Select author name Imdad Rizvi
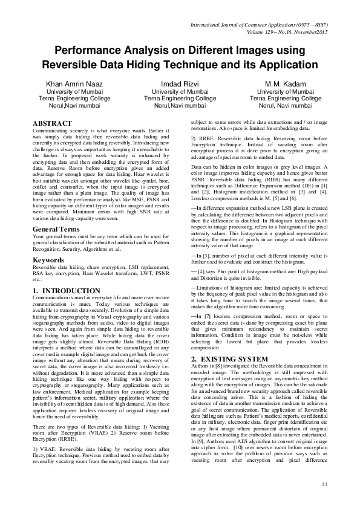coord(180,83)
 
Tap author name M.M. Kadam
coord(286,83)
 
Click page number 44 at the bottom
coord(324,484)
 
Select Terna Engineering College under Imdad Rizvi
coord(180,98)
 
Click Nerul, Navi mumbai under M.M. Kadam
coord(286,105)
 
